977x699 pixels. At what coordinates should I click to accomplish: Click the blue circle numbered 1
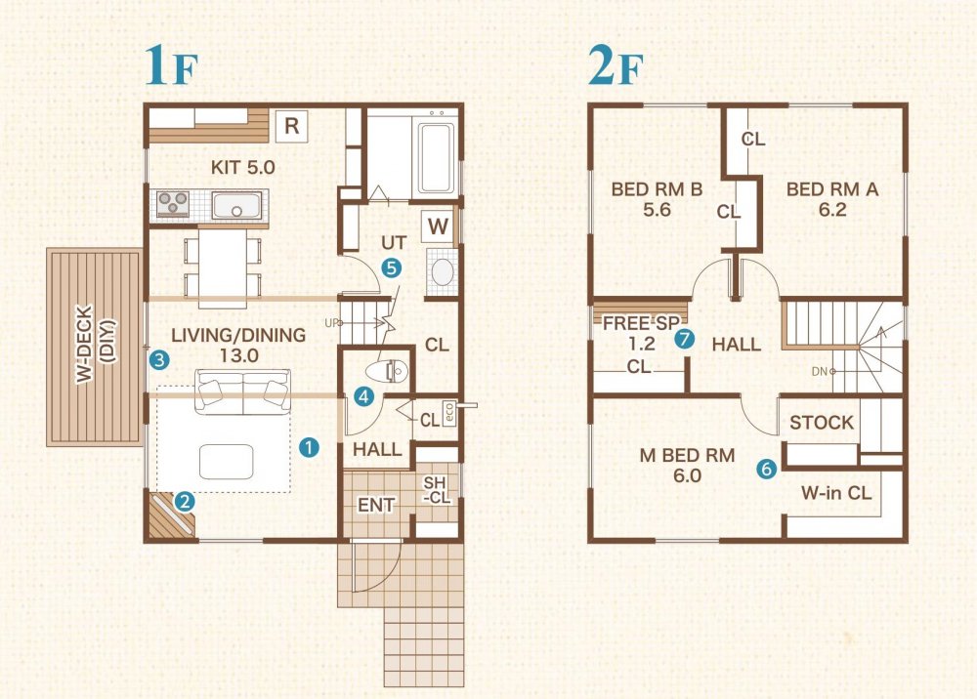pyautogui.click(x=309, y=446)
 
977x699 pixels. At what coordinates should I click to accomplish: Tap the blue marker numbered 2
pyautogui.click(x=184, y=501)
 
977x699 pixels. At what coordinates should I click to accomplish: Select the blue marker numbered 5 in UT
pyautogui.click(x=392, y=268)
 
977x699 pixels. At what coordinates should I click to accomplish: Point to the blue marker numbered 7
pyautogui.click(x=684, y=339)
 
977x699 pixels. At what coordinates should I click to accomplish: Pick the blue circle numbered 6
pyautogui.click(x=766, y=468)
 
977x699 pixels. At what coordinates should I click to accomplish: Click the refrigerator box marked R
pyautogui.click(x=291, y=126)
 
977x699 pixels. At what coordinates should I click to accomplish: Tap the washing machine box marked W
pyautogui.click(x=438, y=227)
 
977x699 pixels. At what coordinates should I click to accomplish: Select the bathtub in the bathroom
pyautogui.click(x=436, y=158)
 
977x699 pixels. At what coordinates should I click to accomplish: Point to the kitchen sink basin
pyautogui.click(x=236, y=205)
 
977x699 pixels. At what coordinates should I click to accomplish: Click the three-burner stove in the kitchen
pyautogui.click(x=173, y=204)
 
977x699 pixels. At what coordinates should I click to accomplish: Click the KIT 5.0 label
pyautogui.click(x=243, y=167)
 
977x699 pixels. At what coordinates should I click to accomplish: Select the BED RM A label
pyautogui.click(x=832, y=199)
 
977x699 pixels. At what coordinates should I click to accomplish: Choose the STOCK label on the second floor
pyautogui.click(x=822, y=423)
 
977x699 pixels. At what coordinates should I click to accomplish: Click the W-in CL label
pyautogui.click(x=836, y=493)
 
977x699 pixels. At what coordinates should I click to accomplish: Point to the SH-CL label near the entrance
pyautogui.click(x=436, y=490)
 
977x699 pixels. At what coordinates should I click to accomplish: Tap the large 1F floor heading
pyautogui.click(x=171, y=66)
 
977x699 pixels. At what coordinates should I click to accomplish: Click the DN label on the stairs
pyautogui.click(x=820, y=372)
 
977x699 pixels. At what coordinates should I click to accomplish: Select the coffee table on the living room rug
pyautogui.click(x=227, y=462)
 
